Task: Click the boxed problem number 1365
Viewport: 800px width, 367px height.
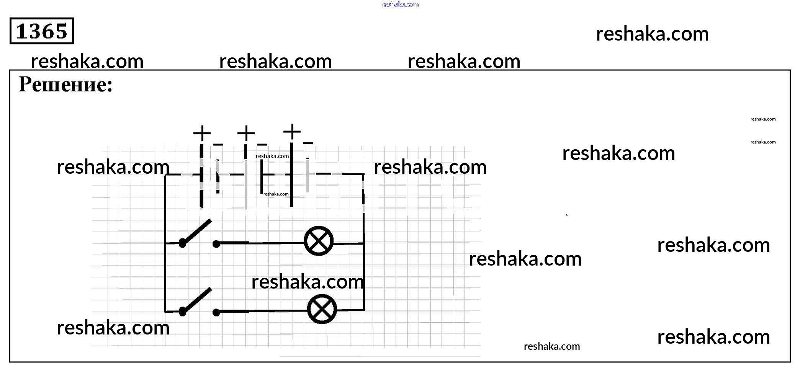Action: pyautogui.click(x=41, y=31)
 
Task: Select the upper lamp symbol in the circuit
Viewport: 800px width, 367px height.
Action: pyautogui.click(x=319, y=241)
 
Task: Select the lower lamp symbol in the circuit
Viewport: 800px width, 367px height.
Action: pyautogui.click(x=322, y=309)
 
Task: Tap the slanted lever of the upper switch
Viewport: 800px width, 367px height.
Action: pyautogui.click(x=196, y=231)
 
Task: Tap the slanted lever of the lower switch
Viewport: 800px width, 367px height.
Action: pyautogui.click(x=196, y=300)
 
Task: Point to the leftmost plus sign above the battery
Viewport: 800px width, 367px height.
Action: pyautogui.click(x=202, y=134)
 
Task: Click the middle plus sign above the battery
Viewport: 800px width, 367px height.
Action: pyautogui.click(x=246, y=134)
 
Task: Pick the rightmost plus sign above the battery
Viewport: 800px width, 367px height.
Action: pyautogui.click(x=292, y=132)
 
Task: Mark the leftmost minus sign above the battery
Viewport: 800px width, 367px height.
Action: pyautogui.click(x=218, y=145)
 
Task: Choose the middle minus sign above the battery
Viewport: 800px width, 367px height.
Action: pyautogui.click(x=262, y=145)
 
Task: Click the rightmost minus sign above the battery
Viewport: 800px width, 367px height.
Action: pyautogui.click(x=308, y=143)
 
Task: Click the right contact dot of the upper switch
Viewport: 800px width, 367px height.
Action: pyautogui.click(x=216, y=244)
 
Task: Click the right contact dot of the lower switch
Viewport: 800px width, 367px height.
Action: pyautogui.click(x=216, y=313)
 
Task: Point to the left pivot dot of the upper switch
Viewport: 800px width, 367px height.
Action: pyautogui.click(x=183, y=243)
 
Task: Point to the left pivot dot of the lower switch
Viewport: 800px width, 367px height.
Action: pyautogui.click(x=183, y=312)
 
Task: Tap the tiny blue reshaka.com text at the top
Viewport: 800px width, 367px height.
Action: pyautogui.click(x=401, y=4)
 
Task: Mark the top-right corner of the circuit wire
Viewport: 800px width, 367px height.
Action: pyautogui.click(x=363, y=175)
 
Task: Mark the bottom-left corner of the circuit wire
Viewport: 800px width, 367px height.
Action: pyautogui.click(x=165, y=312)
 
